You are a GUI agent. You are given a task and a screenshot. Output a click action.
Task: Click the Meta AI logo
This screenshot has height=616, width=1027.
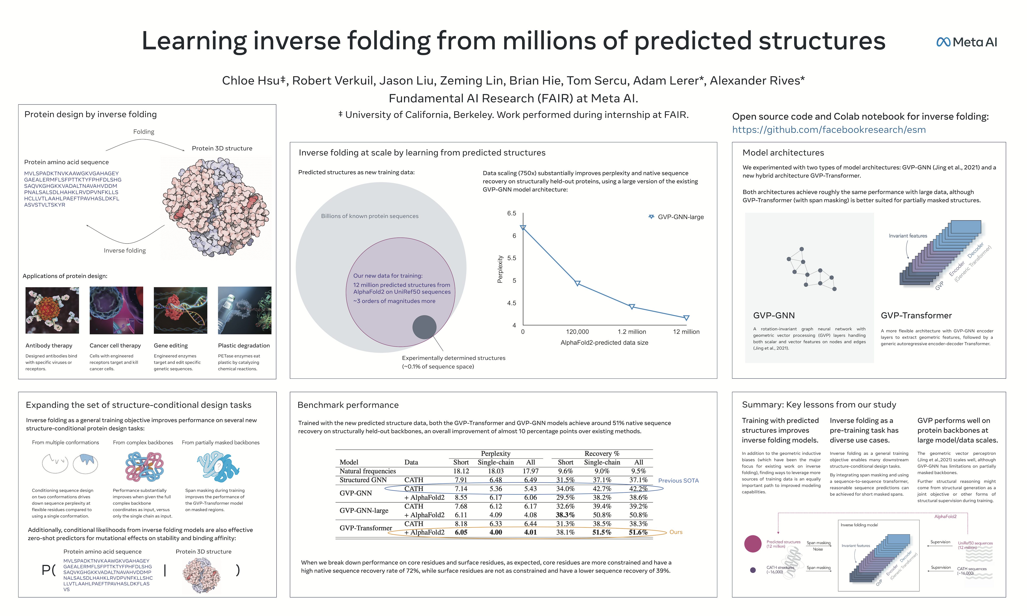tap(966, 42)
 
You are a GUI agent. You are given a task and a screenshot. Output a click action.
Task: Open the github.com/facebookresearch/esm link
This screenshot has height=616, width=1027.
tap(829, 130)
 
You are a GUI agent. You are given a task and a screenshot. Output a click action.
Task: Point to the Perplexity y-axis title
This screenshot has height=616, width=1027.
tap(500, 269)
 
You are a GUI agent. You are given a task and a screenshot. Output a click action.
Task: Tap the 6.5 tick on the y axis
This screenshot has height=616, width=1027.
tap(511, 213)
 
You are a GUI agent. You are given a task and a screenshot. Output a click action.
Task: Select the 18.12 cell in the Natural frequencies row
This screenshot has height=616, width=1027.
tap(461, 471)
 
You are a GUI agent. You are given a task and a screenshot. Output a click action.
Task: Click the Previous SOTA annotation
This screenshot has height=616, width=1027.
tap(678, 481)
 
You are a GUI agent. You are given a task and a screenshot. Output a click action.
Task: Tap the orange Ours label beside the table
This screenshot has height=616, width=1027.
tap(676, 532)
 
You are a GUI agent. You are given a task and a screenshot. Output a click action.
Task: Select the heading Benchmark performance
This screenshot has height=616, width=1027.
tap(348, 405)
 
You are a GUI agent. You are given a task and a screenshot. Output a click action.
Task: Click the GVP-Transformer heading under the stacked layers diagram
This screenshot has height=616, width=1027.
tap(916, 315)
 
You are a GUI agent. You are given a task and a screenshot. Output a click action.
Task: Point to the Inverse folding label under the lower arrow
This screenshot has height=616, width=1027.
tap(125, 251)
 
